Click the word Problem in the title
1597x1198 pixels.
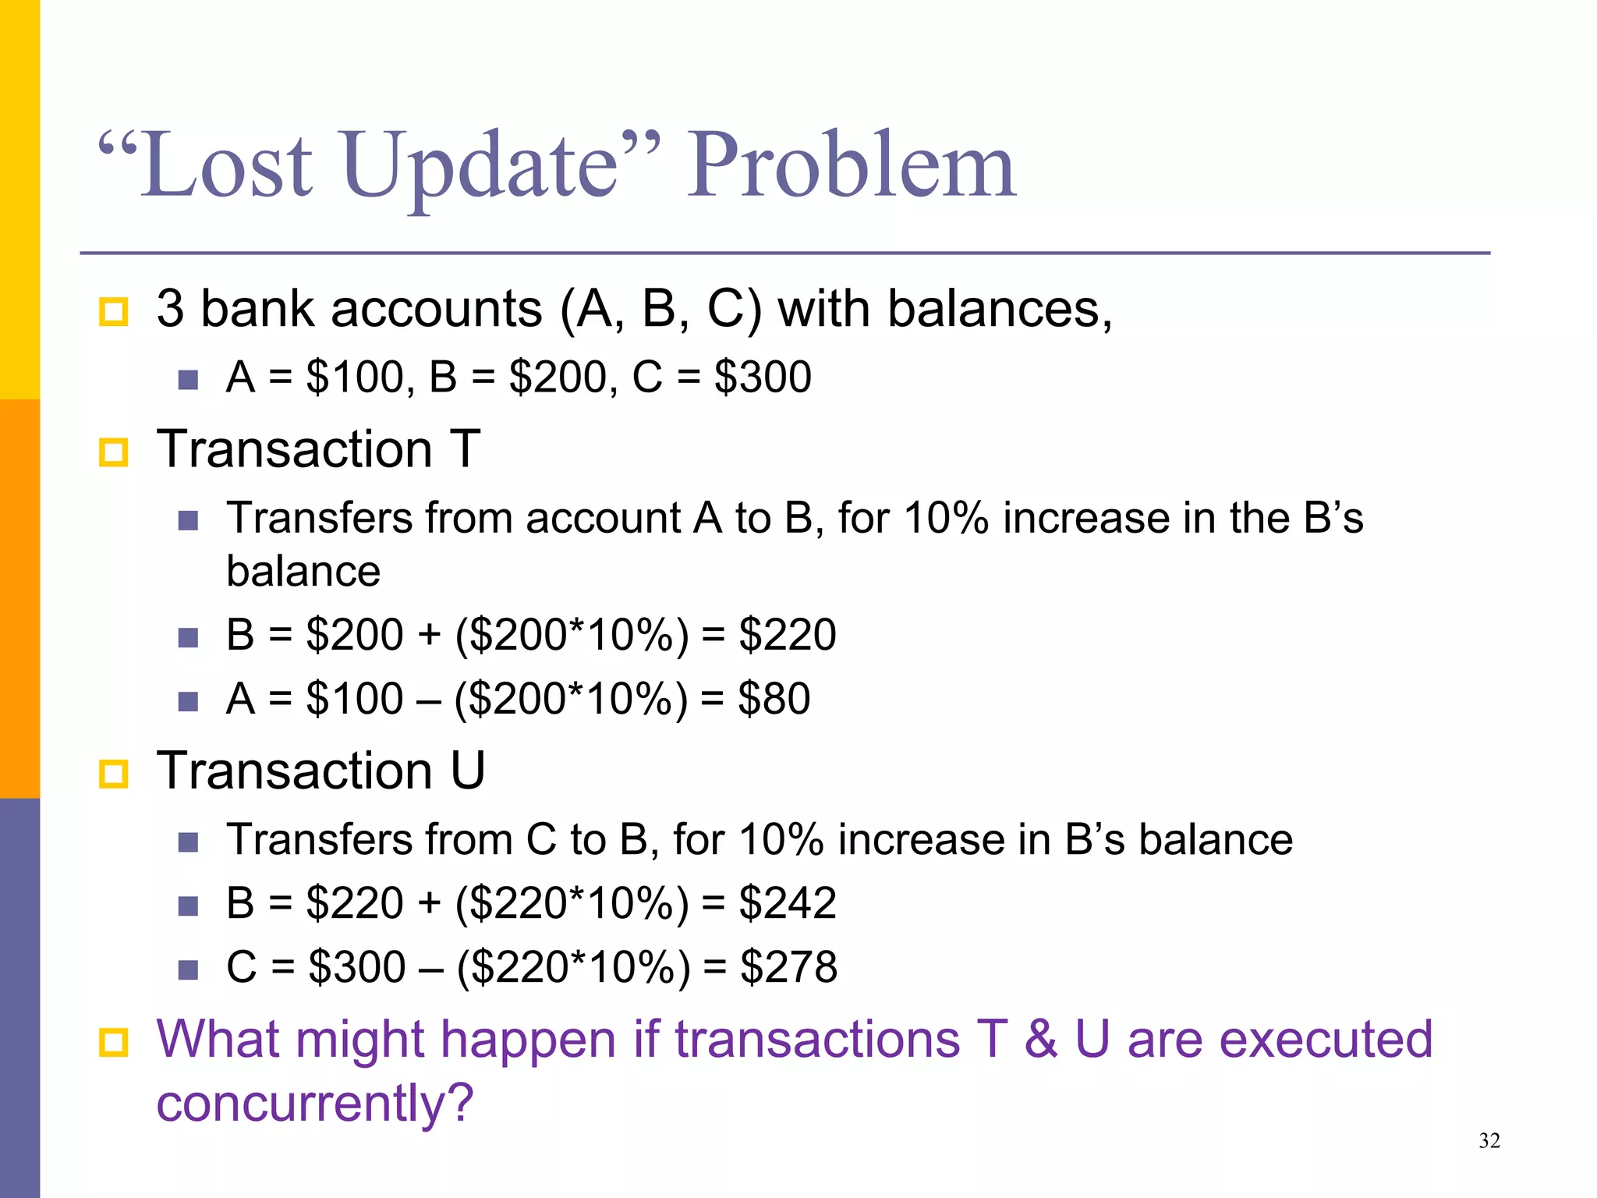(852, 165)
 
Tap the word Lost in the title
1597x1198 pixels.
(226, 165)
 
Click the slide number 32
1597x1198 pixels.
(1489, 1141)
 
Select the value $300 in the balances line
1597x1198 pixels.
(763, 377)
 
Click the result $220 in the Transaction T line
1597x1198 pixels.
(788, 634)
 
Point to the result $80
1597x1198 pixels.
(774, 698)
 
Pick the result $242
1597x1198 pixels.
(788, 903)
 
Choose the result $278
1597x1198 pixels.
(788, 967)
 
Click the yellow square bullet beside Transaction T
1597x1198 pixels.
(114, 452)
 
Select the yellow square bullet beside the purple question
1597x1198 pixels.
(114, 1042)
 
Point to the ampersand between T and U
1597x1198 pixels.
(1041, 1040)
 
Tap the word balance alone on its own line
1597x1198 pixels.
(303, 572)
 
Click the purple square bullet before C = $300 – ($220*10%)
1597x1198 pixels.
(188, 969)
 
